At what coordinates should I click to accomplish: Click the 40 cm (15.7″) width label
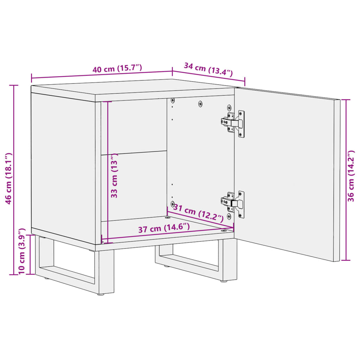pyautogui.click(x=117, y=69)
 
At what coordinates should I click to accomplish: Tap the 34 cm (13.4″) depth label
pyautogui.click(x=208, y=69)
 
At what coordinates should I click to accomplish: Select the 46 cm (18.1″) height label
pyautogui.click(x=9, y=178)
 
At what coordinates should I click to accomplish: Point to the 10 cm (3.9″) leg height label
pyautogui.click(x=22, y=251)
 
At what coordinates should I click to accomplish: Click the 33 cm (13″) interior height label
pyautogui.click(x=115, y=177)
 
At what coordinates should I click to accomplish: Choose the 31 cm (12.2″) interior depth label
pyautogui.click(x=198, y=213)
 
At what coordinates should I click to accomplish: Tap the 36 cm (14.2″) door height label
pyautogui.click(x=351, y=181)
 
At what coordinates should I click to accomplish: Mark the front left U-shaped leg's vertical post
pyautogui.click(x=105, y=271)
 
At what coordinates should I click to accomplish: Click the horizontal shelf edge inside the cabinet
pyautogui.click(x=134, y=153)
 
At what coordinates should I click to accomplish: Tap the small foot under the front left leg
pyautogui.click(x=101, y=294)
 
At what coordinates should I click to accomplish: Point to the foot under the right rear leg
pyautogui.click(x=224, y=281)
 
